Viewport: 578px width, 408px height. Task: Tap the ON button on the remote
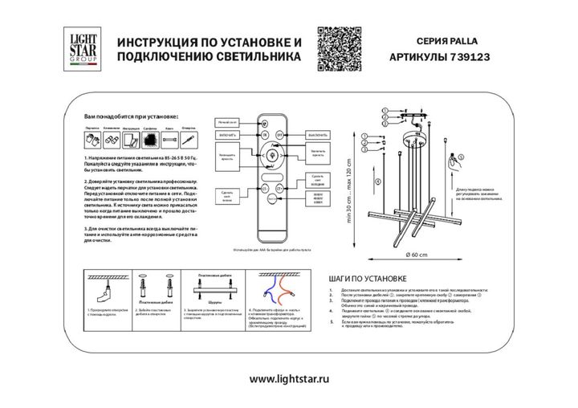[x=264, y=136]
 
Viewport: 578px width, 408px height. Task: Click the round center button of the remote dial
[x=271, y=153]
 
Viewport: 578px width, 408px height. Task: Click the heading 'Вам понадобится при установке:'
[x=131, y=117]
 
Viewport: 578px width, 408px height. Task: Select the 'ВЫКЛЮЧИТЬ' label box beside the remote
[x=320, y=135]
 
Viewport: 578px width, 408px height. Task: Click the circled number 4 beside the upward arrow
[x=378, y=180]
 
